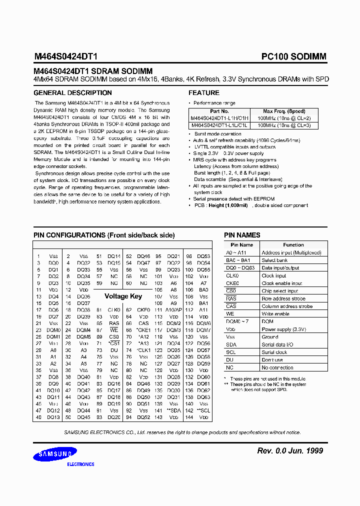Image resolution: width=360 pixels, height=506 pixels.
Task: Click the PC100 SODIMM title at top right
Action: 293,57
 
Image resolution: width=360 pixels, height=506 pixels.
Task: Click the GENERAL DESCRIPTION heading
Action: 72,93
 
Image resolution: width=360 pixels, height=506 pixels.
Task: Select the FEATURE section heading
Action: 203,93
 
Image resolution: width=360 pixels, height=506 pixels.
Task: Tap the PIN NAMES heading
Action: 242,235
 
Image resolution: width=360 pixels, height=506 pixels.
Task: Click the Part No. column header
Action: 219,111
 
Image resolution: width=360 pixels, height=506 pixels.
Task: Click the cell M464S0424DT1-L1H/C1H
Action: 219,118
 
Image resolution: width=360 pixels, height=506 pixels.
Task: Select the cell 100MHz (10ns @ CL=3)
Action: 283,125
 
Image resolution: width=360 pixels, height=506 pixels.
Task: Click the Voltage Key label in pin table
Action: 123,296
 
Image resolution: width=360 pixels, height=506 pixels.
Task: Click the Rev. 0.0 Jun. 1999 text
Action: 290,451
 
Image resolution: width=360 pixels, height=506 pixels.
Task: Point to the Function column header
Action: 293,245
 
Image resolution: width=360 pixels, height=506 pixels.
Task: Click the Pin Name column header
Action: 242,245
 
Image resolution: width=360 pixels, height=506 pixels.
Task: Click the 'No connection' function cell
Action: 277,367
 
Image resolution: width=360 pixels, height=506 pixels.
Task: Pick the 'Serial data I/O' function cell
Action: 277,344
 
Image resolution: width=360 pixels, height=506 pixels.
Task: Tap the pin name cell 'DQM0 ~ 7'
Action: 237,321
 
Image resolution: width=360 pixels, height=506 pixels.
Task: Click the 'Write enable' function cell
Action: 275,314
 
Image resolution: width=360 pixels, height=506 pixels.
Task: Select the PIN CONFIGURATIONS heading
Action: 104,235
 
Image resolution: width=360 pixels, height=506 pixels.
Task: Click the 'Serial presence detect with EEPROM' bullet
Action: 234,198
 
